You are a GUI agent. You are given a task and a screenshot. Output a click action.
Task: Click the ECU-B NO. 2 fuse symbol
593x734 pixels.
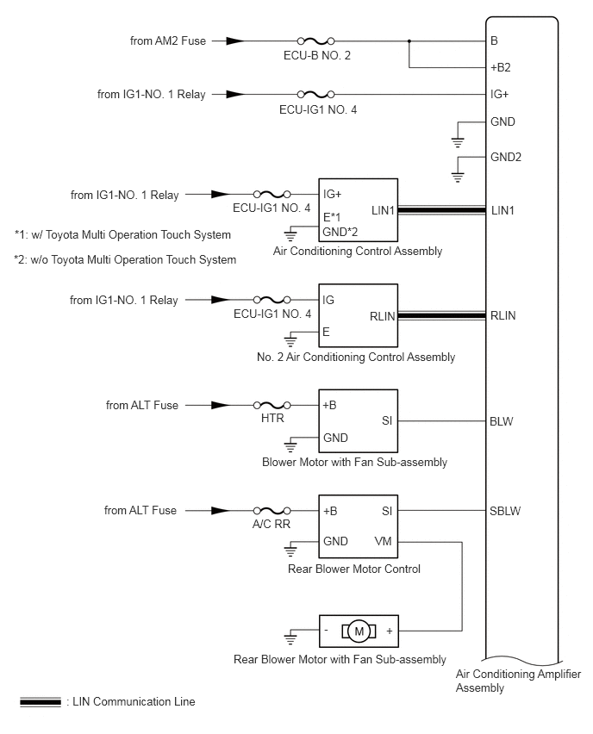click(316, 41)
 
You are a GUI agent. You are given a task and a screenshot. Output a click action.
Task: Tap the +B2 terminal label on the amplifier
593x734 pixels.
click(500, 68)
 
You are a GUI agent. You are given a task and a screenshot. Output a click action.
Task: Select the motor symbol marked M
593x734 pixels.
click(359, 631)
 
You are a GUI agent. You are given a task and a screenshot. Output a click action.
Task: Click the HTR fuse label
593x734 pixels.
click(272, 418)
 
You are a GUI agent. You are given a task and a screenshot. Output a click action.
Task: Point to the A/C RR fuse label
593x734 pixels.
click(272, 525)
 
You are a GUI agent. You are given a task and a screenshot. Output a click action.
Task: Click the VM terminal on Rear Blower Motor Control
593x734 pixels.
click(384, 542)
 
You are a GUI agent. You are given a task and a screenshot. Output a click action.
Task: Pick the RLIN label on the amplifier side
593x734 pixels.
click(503, 316)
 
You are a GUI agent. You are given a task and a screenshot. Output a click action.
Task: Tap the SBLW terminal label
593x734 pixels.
click(505, 511)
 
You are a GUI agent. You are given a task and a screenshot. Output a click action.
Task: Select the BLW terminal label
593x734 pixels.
click(501, 421)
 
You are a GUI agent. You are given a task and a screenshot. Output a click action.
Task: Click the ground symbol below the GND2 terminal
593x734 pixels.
click(458, 177)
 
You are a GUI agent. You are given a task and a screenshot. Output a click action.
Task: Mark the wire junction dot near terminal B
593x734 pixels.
click(409, 41)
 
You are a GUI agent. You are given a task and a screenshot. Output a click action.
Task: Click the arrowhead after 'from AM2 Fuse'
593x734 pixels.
click(234, 41)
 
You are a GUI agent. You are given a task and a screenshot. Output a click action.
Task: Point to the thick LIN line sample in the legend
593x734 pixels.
click(41, 702)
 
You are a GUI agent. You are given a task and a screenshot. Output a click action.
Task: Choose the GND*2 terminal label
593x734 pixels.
click(340, 232)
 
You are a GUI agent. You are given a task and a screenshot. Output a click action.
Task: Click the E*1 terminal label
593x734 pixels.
click(332, 217)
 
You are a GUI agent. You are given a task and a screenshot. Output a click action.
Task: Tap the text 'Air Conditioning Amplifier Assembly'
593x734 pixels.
click(518, 681)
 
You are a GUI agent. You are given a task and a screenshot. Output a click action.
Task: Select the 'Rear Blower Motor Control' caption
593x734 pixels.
click(354, 569)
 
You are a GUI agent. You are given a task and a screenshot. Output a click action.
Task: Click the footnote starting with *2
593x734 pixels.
click(125, 260)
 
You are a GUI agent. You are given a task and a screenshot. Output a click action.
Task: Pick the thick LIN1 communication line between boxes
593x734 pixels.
click(441, 211)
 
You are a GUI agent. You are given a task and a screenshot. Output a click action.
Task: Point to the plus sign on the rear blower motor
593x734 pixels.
click(390, 631)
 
